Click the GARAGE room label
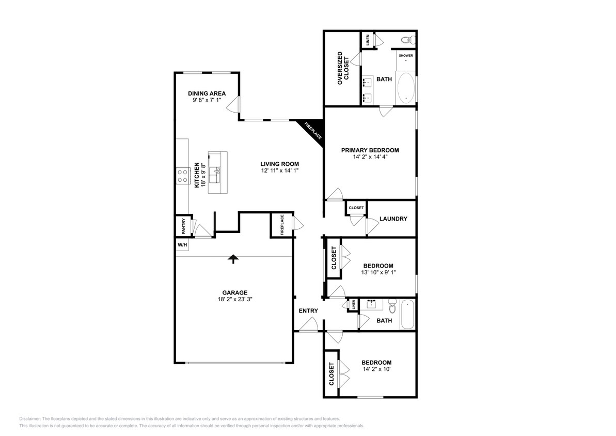(235, 292)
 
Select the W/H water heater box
(182, 245)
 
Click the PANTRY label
(183, 225)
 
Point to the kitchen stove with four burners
(182, 176)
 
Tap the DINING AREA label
(207, 94)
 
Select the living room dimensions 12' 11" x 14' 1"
(279, 170)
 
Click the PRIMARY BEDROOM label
(370, 150)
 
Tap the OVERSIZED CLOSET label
(343, 68)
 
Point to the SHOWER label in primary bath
(405, 55)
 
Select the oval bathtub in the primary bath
(406, 88)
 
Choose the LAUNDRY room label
(393, 219)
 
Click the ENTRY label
(308, 310)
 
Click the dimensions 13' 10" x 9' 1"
(379, 272)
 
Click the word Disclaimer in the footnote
(30, 418)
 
